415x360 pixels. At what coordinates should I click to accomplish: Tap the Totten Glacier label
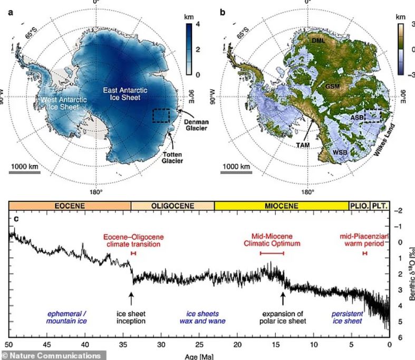coord(176,157)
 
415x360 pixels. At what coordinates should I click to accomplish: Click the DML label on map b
coord(319,41)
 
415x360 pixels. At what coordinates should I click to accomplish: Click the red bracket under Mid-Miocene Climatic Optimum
coord(272,254)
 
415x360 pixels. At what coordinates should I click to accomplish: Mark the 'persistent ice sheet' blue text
coord(347,317)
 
